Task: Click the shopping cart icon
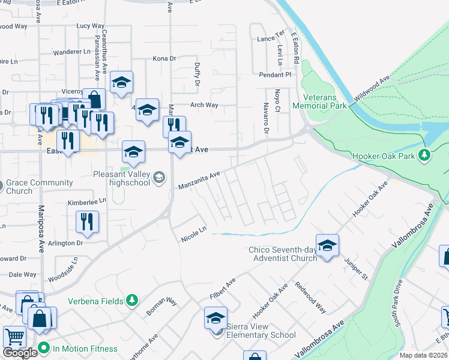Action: click(14, 337)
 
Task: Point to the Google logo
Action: click(20, 353)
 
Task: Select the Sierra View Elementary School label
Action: click(261, 331)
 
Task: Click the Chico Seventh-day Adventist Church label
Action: click(283, 254)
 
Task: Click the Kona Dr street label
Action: click(164, 59)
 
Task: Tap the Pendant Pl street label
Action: click(274, 75)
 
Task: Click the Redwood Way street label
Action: click(310, 298)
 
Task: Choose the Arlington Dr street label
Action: click(66, 243)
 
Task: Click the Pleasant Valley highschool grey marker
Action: click(159, 176)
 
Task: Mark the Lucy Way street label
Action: click(91, 26)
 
